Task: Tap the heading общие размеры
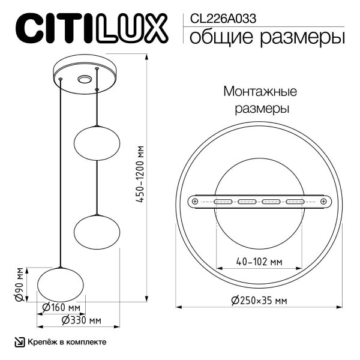(x=267, y=37)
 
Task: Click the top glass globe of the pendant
(x=96, y=143)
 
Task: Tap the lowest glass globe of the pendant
(x=61, y=283)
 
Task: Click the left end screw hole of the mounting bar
(x=194, y=202)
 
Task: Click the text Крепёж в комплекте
(x=67, y=342)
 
